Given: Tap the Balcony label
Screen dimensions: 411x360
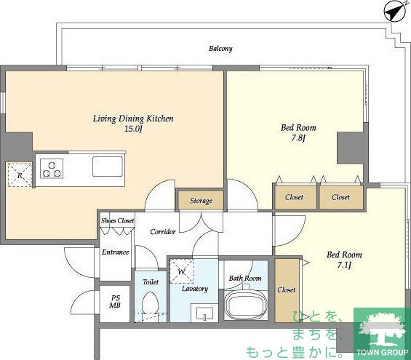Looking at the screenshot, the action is (220, 49).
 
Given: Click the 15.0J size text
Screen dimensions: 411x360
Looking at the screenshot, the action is (133, 129).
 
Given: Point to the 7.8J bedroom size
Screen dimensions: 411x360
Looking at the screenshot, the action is (298, 137).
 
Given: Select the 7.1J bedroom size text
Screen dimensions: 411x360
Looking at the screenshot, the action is (344, 265).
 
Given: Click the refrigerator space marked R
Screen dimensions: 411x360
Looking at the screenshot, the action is (20, 175).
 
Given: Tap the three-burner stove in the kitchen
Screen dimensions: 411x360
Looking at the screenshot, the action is (52, 169).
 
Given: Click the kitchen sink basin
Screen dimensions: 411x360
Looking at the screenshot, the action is (108, 167).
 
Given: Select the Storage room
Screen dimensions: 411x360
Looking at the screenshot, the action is (201, 201).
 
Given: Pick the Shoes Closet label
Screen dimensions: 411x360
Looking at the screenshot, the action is (118, 220).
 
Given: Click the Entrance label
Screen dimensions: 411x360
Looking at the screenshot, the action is (116, 252).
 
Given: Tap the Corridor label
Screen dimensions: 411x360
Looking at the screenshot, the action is (163, 231).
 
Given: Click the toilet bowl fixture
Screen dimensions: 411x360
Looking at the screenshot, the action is (150, 303).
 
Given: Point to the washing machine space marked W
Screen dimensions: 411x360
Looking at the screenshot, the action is (182, 271).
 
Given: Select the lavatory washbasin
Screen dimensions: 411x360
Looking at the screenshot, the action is (204, 313).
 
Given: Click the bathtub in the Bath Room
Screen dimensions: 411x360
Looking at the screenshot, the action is (245, 304).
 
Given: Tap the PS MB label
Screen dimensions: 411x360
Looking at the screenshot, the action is (115, 302).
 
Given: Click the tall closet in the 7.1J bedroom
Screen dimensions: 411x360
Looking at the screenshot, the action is (287, 290).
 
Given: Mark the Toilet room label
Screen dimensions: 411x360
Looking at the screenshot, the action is (151, 282).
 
